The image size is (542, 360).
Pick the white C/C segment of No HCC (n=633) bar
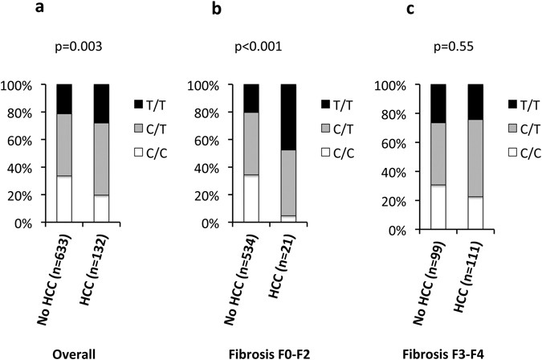coord(64,198)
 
